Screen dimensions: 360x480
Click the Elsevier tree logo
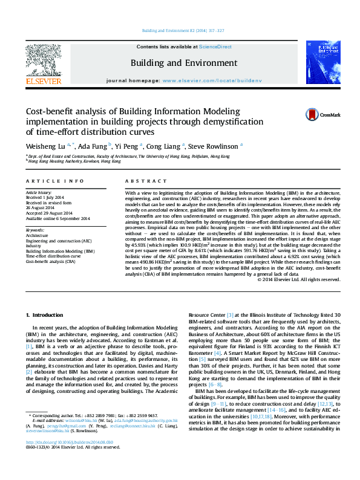[43, 60]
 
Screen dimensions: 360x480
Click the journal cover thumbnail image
[321, 62]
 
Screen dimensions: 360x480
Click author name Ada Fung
[94, 146]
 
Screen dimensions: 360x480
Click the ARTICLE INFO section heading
[54, 181]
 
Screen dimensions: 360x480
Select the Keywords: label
[35, 231]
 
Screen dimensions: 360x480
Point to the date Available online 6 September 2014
[57, 218]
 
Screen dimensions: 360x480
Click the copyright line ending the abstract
[299, 279]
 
